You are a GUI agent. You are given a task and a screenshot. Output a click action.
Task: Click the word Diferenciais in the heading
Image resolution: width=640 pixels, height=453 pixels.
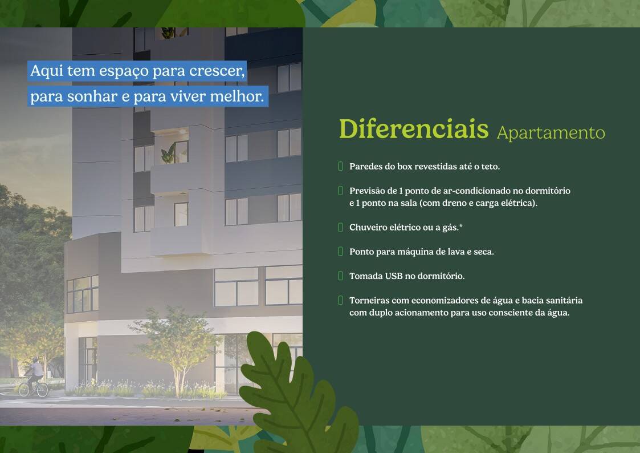point(414,129)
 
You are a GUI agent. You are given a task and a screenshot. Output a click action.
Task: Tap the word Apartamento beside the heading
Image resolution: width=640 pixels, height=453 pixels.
point(551,133)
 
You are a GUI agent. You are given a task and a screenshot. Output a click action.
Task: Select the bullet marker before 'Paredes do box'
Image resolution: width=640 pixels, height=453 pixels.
point(340,166)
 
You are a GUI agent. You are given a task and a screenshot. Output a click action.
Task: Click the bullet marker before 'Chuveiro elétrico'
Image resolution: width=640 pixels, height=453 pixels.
point(340,227)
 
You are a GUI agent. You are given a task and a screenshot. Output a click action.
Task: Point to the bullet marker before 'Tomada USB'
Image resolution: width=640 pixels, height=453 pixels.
point(340,276)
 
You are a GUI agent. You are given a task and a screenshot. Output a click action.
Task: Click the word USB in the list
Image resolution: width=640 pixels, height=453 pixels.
point(394,276)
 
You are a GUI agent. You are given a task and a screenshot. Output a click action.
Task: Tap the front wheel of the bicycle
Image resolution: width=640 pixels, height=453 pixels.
point(42,389)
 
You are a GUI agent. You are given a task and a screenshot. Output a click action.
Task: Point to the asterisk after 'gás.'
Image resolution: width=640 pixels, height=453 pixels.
point(461,225)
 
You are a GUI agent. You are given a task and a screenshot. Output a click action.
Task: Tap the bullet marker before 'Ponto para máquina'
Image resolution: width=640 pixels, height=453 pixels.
point(340,251)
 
